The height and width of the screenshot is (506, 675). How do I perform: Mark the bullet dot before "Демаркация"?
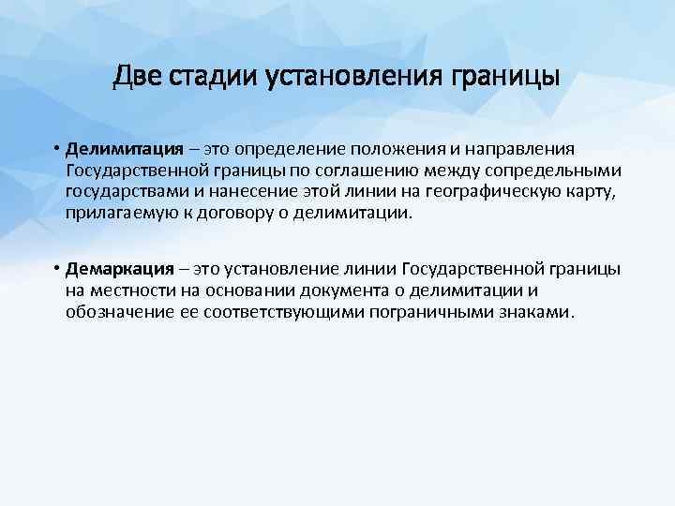[57, 270]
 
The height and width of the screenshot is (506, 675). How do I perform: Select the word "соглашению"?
[369, 171]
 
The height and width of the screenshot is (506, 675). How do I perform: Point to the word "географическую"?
[473, 192]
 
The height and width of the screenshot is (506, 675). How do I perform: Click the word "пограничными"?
[431, 311]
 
